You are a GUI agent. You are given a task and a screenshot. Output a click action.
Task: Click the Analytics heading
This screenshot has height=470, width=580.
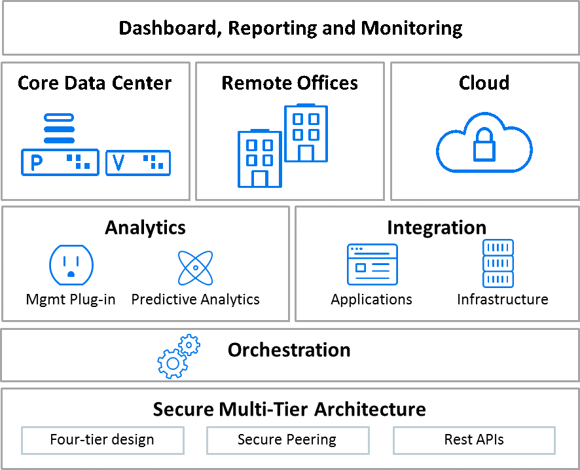point(145,227)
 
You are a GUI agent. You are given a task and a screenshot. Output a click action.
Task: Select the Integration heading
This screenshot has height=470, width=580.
point(437,227)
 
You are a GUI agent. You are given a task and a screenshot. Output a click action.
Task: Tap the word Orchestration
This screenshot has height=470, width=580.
point(289,350)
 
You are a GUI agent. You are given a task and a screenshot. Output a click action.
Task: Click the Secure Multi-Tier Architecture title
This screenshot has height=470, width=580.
point(289,409)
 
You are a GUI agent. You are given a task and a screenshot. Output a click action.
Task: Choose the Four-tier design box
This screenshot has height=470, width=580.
point(102,440)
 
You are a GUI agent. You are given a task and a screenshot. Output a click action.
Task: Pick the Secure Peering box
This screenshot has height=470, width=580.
point(287,440)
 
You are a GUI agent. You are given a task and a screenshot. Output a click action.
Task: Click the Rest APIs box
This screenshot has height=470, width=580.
point(474,440)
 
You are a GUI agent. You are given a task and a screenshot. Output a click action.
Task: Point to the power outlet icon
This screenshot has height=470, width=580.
point(71,264)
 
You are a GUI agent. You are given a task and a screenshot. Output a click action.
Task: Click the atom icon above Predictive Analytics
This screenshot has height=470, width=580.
point(195,267)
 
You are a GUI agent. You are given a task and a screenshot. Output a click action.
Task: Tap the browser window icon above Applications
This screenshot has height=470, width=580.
point(372,264)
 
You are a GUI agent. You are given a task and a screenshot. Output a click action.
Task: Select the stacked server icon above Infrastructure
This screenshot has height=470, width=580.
point(498,263)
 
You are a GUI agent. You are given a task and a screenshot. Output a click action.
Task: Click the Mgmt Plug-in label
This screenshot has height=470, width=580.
point(71,300)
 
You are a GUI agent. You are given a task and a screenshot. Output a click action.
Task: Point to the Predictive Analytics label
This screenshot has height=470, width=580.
point(195,300)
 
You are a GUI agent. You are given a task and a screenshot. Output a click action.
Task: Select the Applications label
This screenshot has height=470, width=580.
point(371,300)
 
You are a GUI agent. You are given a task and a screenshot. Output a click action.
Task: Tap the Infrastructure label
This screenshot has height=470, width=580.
point(502,300)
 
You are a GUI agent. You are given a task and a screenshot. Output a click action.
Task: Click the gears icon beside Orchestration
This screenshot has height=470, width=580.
point(177,357)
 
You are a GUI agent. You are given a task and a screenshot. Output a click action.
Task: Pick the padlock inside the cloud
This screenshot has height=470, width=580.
point(484,148)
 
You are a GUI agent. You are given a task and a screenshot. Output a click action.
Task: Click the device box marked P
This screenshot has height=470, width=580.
point(60,162)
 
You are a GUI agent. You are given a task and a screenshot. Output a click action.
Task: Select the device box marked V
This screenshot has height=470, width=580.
point(137,163)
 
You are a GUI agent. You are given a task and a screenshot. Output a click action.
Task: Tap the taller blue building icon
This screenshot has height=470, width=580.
point(306,133)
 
